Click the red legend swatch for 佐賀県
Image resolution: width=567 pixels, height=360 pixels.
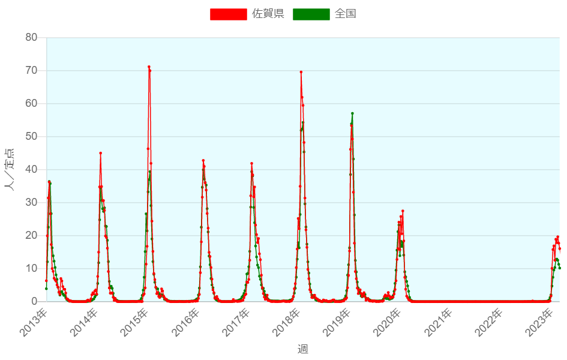coord(228,14)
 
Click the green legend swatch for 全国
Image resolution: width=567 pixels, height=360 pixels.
coord(311,14)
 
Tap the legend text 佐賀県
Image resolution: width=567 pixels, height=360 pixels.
coord(268,14)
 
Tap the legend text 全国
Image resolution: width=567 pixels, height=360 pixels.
coord(346,14)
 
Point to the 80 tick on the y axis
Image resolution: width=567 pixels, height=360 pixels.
coord(31,38)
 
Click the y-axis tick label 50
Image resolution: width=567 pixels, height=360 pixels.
coord(31,137)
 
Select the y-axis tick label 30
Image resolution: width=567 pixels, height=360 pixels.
coord(31,203)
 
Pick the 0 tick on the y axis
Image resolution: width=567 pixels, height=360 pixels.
coord(34,301)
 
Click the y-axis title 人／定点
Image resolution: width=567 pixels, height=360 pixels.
coord(10,169)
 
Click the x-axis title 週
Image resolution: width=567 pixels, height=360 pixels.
coord(303,349)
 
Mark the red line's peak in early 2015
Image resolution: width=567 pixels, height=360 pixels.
coord(149,67)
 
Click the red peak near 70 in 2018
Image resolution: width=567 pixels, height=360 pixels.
coord(301,72)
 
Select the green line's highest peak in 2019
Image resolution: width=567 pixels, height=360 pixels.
coord(352,113)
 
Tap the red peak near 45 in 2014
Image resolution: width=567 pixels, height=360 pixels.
coord(100,153)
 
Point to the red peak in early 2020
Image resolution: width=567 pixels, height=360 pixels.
coord(403,211)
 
